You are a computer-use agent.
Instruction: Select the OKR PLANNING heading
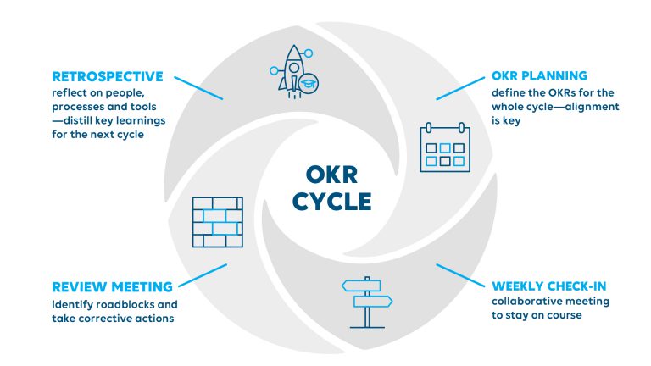point(538,76)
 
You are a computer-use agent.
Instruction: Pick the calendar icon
point(444,147)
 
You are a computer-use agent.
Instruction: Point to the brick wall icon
point(217,222)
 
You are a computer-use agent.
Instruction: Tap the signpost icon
point(366,302)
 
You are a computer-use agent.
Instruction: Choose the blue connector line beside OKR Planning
point(462,87)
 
